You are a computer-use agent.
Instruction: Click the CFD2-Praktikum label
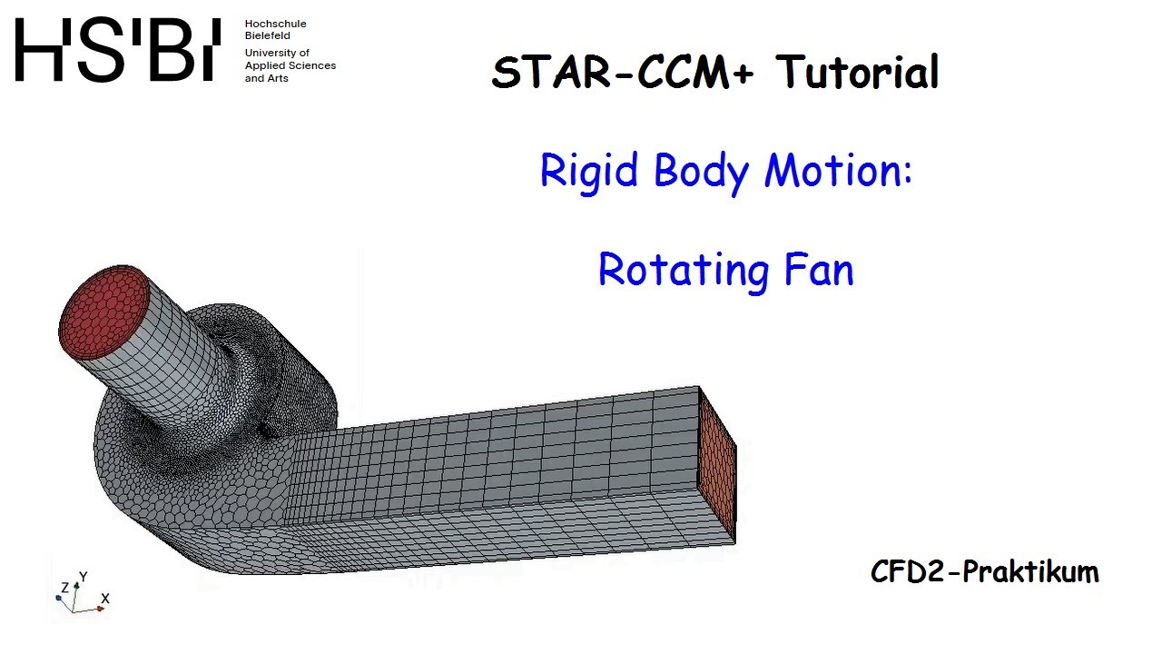tap(984, 571)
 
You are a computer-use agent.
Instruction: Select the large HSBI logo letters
tap(117, 51)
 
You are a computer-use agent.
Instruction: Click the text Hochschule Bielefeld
tap(275, 29)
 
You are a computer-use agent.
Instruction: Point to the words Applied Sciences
tap(290, 65)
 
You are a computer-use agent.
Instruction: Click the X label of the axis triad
tap(105, 599)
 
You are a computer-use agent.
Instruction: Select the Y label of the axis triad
tap(84, 578)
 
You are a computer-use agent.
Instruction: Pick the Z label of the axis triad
tap(64, 588)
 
